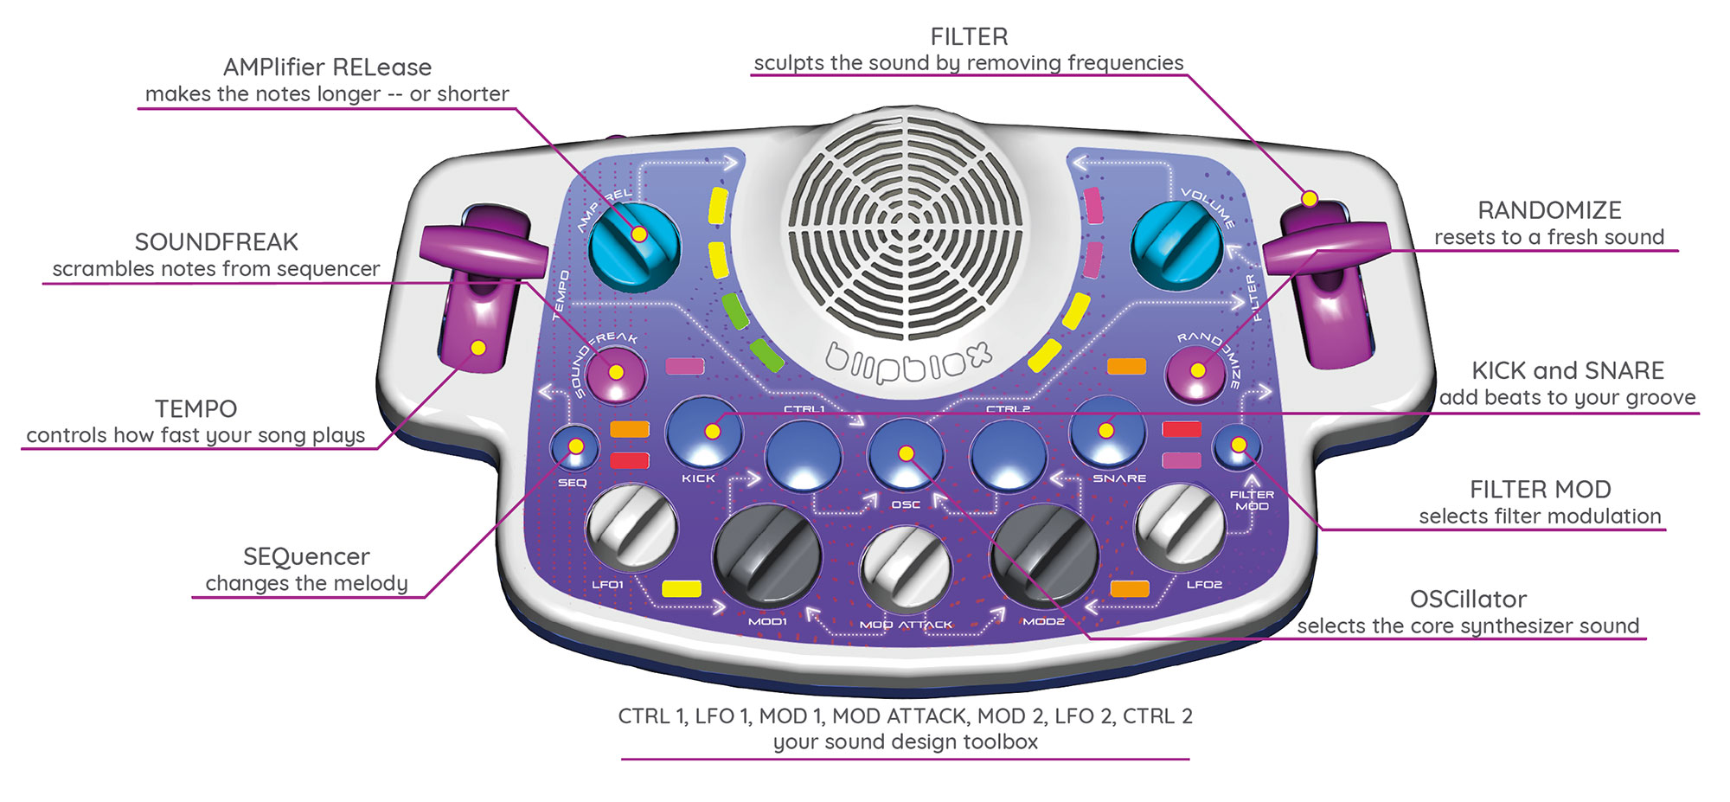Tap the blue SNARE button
point(1107,431)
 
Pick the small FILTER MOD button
point(1237,446)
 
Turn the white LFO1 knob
point(631,528)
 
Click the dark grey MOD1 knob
point(766,558)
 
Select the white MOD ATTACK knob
point(905,568)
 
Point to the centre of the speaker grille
point(905,229)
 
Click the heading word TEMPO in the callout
point(195,408)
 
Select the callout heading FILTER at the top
point(969,36)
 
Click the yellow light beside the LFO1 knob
point(682,589)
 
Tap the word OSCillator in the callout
point(1468,599)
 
